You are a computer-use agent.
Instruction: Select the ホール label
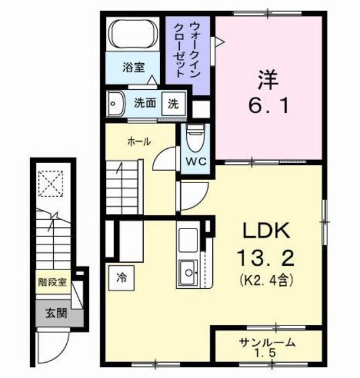pyautogui.click(x=140, y=142)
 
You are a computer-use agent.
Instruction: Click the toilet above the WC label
pyautogui.click(x=193, y=139)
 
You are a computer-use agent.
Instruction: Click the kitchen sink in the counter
pyautogui.click(x=189, y=272)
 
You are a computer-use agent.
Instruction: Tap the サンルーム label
pyautogui.click(x=268, y=342)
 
